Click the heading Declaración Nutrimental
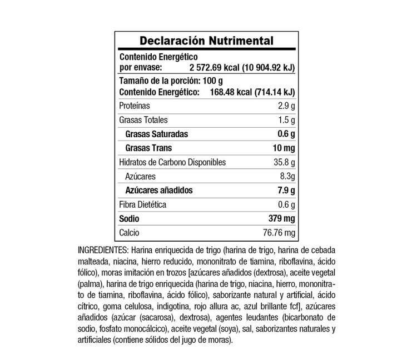[206, 42]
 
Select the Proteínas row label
[135, 106]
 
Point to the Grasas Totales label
[143, 120]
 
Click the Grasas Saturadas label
[157, 134]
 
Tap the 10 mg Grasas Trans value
[282, 148]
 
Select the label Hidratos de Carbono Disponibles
[172, 162]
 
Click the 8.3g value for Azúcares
[285, 176]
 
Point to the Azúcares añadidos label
[159, 190]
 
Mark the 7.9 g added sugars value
[285, 190]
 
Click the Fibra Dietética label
[142, 204]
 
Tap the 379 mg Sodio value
[280, 218]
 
